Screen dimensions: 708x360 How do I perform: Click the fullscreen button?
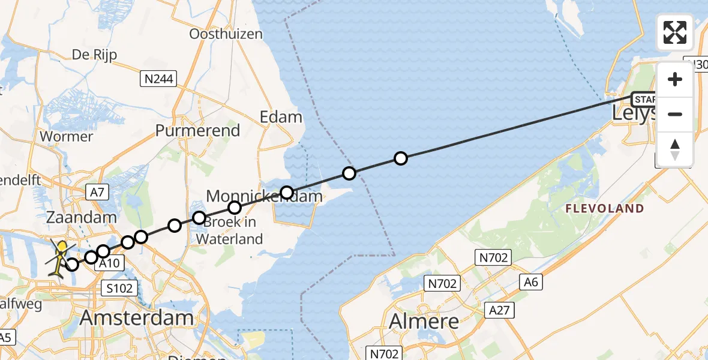(675, 32)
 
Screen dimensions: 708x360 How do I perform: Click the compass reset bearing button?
(675, 149)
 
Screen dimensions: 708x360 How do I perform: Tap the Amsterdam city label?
(137, 318)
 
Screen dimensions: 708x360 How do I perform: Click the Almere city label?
(424, 321)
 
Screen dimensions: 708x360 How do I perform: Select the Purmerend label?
(197, 130)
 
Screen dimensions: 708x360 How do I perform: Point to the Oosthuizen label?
(226, 34)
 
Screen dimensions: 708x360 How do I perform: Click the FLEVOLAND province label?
(605, 209)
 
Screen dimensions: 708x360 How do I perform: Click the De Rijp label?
(94, 55)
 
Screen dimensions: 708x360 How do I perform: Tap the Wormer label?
(67, 136)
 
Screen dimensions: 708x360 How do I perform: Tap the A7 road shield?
(97, 192)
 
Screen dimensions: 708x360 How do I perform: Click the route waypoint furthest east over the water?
(401, 158)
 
